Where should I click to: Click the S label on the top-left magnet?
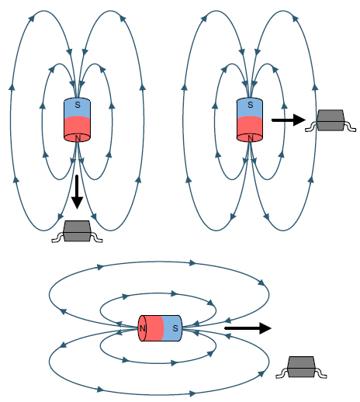tap(77, 104)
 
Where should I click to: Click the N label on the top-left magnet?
tap(77, 138)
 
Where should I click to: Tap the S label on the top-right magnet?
tap(250, 104)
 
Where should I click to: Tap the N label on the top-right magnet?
tap(250, 138)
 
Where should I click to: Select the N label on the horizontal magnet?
tap(143, 328)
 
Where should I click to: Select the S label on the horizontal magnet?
tap(175, 328)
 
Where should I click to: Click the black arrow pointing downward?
tap(77, 192)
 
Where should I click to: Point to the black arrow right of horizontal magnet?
tap(247, 328)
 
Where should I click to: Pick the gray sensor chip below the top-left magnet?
tap(78, 230)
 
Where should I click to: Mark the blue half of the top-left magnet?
tap(77, 108)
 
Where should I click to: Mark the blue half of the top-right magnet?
tap(250, 108)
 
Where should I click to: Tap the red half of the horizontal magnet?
tap(152, 328)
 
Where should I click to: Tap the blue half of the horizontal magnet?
tap(171, 328)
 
